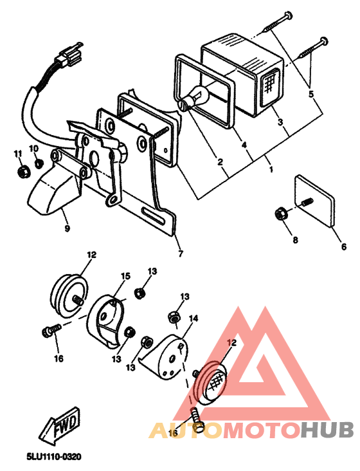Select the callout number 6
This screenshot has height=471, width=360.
(343, 246)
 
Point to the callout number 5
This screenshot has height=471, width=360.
(311, 93)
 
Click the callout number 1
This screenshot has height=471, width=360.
(271, 170)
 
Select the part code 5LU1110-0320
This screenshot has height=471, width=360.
(54, 456)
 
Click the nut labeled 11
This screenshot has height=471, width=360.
(21, 172)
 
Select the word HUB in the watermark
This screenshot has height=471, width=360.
(328, 430)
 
